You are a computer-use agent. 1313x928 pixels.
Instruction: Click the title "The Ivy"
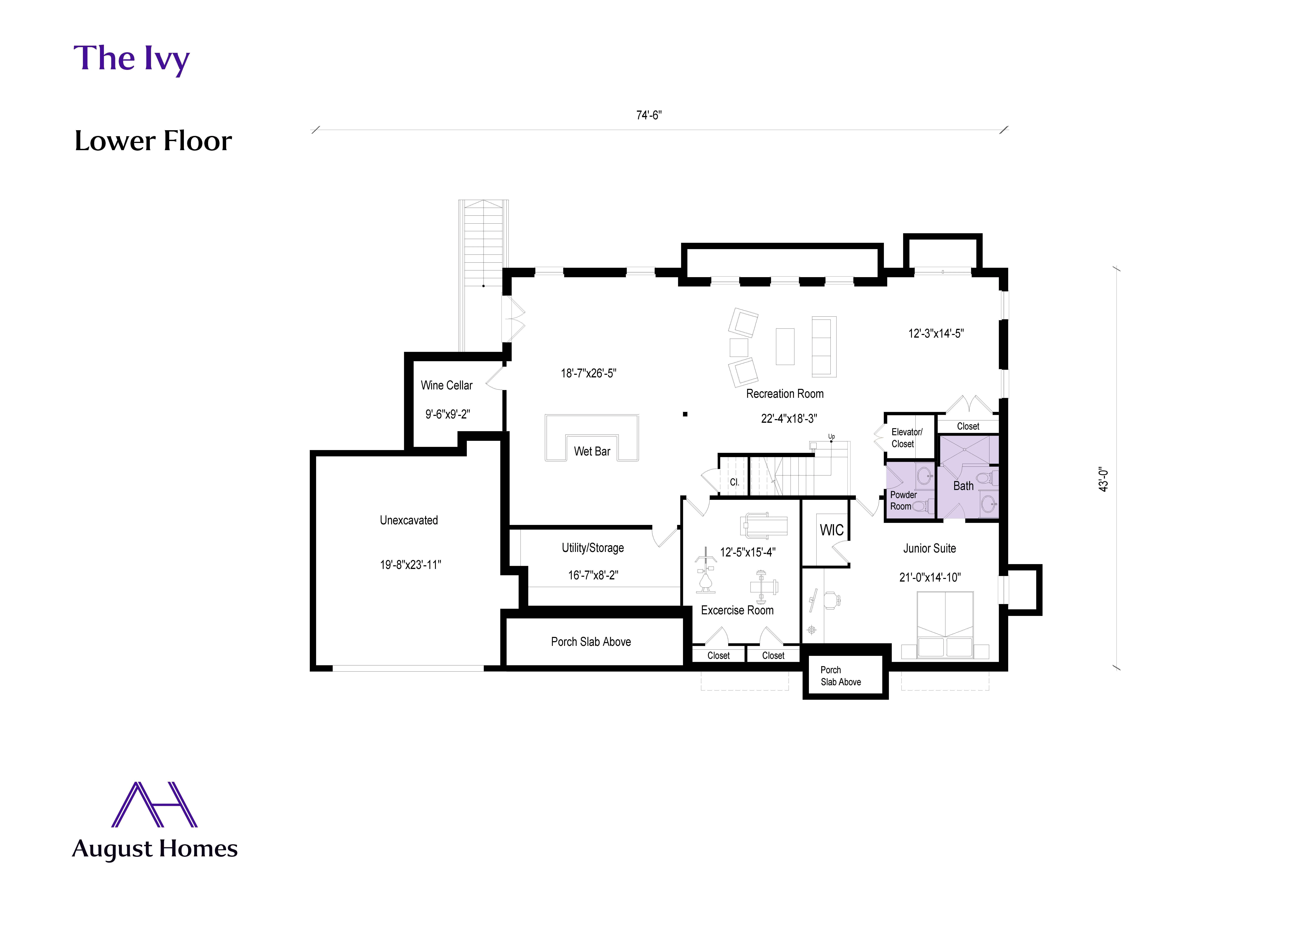pos(131,59)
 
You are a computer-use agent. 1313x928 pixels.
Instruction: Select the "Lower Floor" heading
pos(153,141)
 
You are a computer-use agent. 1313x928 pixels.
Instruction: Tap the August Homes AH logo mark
pos(154,804)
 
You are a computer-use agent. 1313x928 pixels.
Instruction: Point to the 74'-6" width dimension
pos(649,115)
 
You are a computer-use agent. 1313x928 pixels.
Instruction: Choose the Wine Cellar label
pos(447,386)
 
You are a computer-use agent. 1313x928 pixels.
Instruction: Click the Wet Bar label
pos(592,451)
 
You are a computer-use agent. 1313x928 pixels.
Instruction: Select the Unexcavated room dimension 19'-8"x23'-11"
pos(411,565)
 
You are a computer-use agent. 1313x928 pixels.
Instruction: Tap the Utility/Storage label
pos(592,548)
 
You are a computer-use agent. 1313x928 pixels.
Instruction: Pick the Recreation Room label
pos(785,394)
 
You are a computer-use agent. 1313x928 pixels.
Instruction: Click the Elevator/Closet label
pos(906,438)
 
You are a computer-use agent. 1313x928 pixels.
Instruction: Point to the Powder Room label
pos(903,501)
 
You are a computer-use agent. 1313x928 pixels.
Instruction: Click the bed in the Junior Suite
pos(945,625)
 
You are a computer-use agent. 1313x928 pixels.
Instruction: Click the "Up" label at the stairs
pos(832,437)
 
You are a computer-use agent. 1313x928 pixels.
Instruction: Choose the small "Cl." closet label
pos(734,482)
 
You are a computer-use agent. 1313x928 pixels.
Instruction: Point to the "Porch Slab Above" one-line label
pos(591,642)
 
